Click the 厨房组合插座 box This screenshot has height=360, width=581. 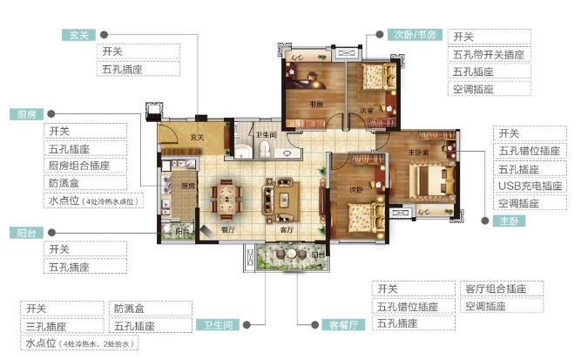(84, 166)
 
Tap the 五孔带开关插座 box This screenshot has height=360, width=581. (489, 54)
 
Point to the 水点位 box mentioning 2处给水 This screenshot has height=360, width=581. (79, 343)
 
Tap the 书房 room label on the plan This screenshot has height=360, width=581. (317, 105)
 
